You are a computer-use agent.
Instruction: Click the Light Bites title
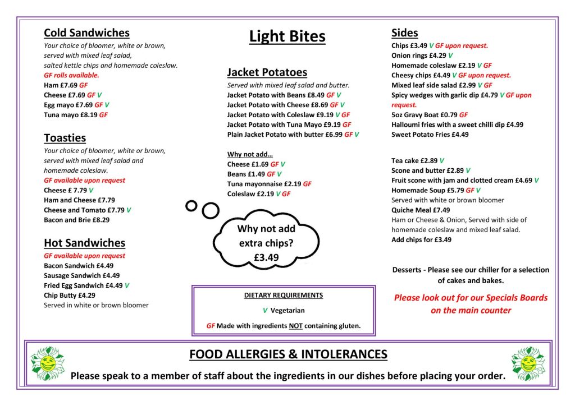pos(287,37)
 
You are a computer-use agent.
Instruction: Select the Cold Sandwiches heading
pos(86,33)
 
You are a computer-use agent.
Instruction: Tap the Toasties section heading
pos(65,138)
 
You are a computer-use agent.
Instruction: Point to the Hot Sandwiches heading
pos(84,243)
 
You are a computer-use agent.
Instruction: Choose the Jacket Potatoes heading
pos(267,72)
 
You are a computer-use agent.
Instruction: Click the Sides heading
pos(404,33)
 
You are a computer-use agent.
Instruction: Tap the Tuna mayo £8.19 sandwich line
pos(75,115)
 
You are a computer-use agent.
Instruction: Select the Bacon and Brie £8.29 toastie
pos(76,220)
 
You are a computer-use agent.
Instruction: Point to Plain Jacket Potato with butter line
pos(293,135)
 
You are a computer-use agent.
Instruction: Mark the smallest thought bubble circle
pos(191,205)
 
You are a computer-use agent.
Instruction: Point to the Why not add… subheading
pos(250,154)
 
